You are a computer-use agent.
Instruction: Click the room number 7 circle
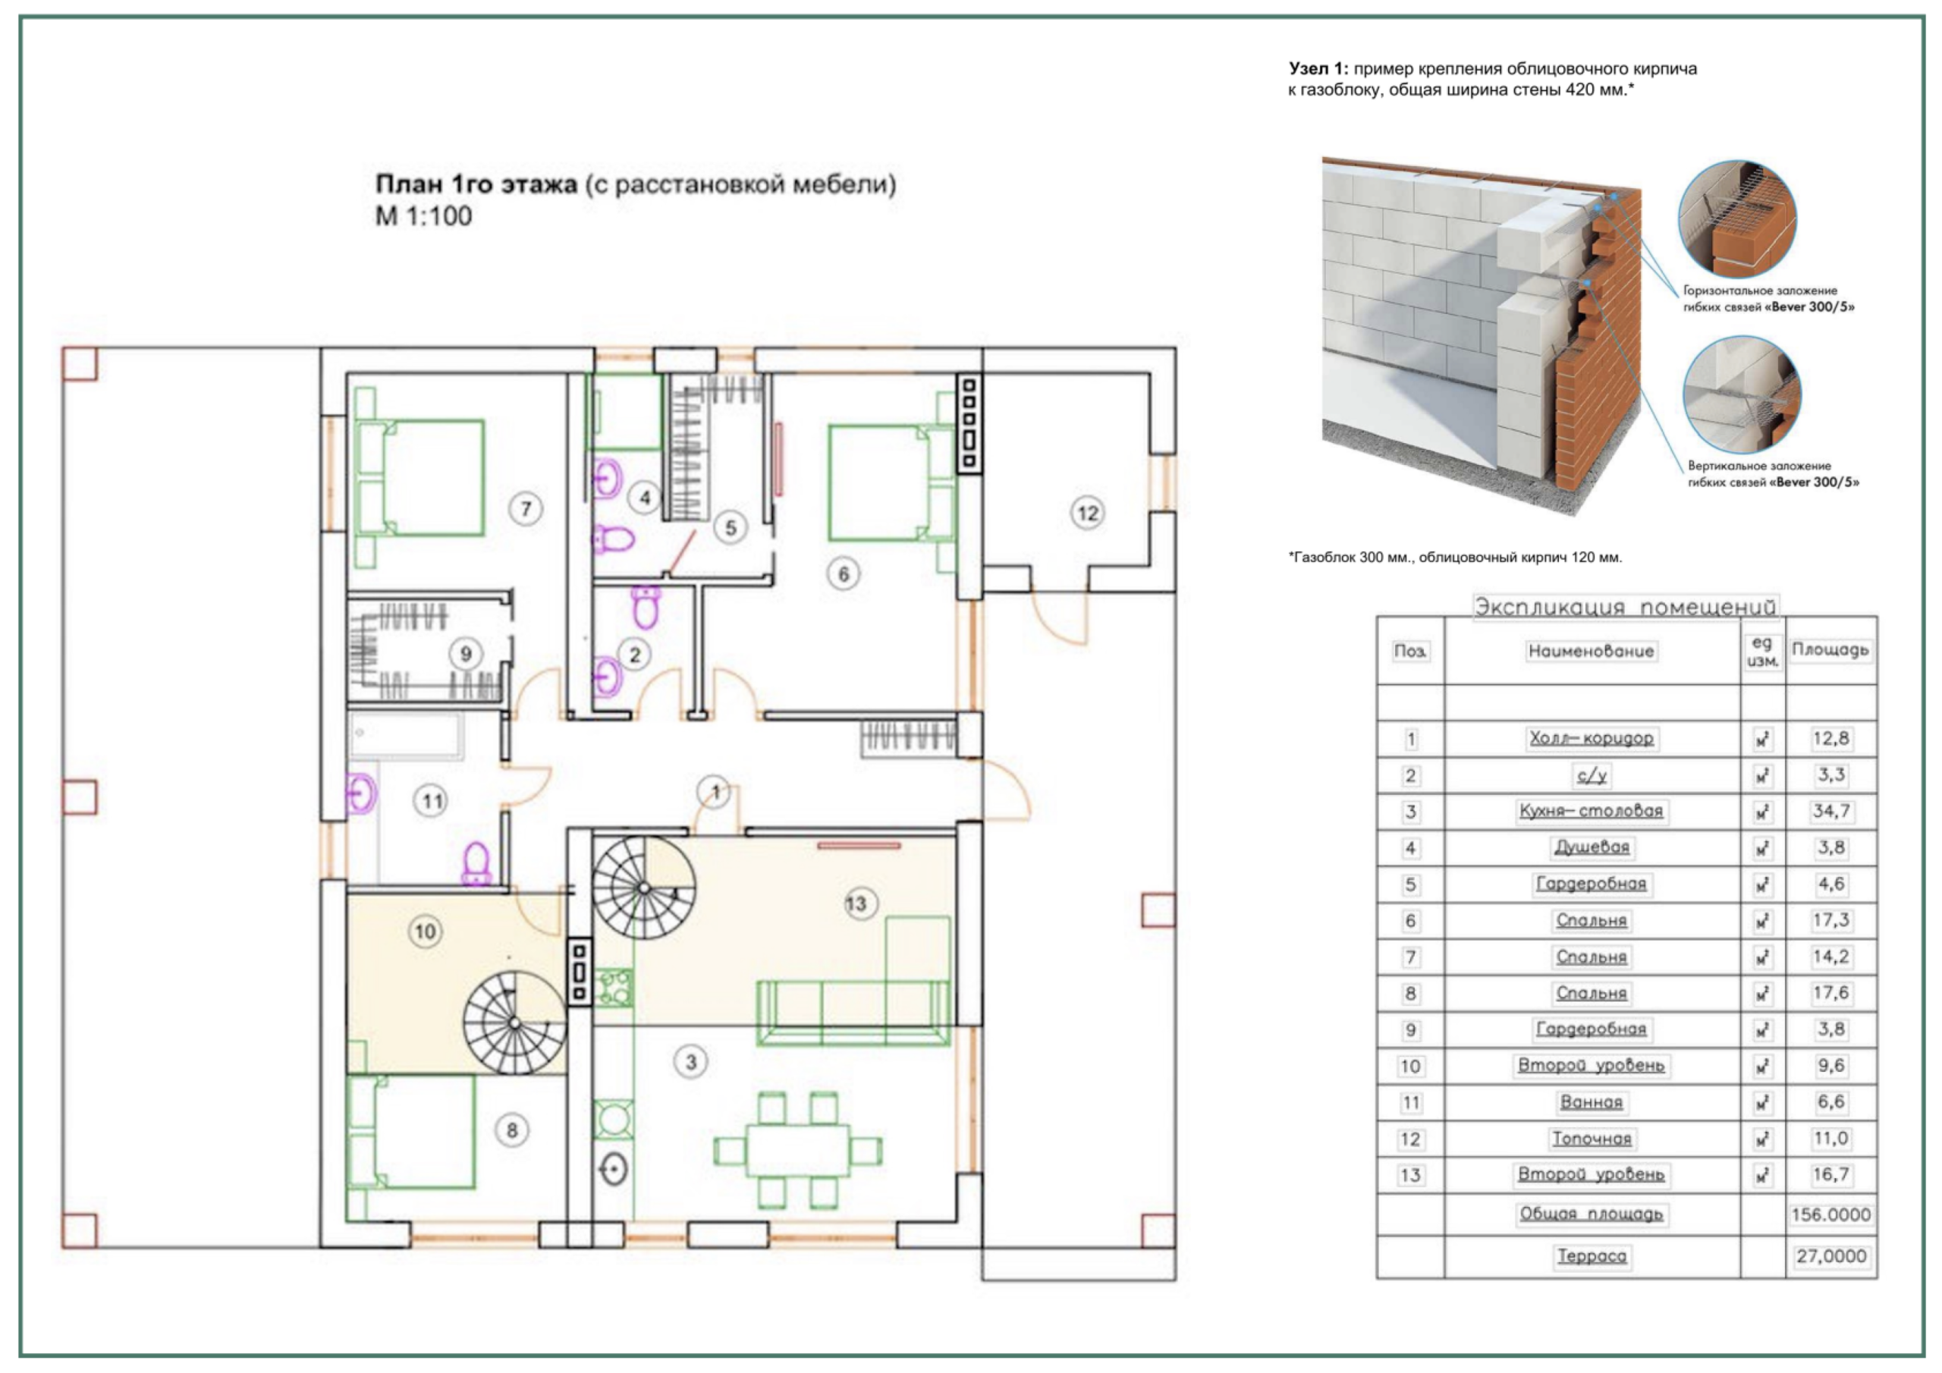(x=526, y=508)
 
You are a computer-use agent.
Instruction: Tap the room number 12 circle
(x=1087, y=513)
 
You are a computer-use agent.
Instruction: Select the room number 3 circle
(x=691, y=1062)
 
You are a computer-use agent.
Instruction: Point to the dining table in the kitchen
(x=797, y=1151)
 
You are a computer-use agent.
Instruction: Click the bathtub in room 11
(x=407, y=736)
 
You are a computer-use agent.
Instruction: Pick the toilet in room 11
(x=477, y=863)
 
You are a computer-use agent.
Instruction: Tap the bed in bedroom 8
(x=412, y=1132)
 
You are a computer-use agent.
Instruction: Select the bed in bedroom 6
(x=891, y=483)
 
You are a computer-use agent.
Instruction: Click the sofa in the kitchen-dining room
(x=853, y=1013)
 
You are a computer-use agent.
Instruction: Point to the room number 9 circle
(x=465, y=654)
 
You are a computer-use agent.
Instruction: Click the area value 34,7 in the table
(x=1830, y=811)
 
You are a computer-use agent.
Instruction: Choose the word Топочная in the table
(x=1591, y=1139)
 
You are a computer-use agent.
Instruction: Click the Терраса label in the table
(x=1591, y=1256)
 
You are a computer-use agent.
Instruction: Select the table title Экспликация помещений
(x=1625, y=607)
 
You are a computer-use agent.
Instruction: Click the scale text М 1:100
(x=424, y=216)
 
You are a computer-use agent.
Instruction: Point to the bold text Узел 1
(x=1318, y=68)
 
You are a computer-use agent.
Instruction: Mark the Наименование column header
(x=1591, y=652)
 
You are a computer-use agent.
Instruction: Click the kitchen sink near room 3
(x=613, y=1170)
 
